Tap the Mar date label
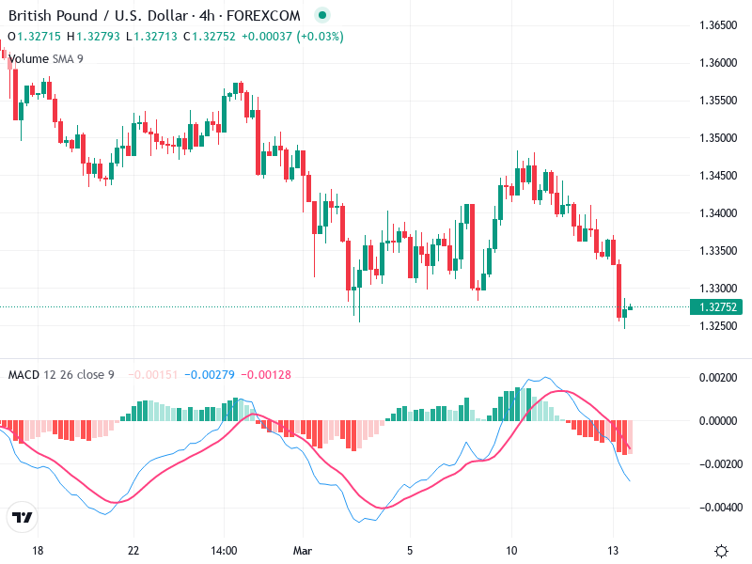tap(303, 551)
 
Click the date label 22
tap(133, 551)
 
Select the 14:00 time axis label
tap(224, 551)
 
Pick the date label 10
tap(512, 551)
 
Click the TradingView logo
tap(23, 518)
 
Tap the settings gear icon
tap(721, 552)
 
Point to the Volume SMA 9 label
tap(45, 58)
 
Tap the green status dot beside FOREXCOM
tap(322, 15)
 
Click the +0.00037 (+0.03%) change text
tap(292, 37)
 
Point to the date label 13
tap(614, 551)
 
